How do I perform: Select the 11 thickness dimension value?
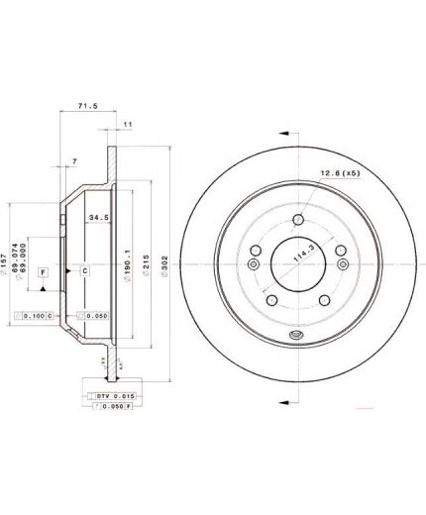point(128,124)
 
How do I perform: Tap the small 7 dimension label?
point(73,160)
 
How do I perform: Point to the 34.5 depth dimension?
point(98,216)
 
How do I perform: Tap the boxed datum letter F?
point(43,270)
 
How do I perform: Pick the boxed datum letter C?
point(84,269)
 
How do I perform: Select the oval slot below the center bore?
point(295,336)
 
